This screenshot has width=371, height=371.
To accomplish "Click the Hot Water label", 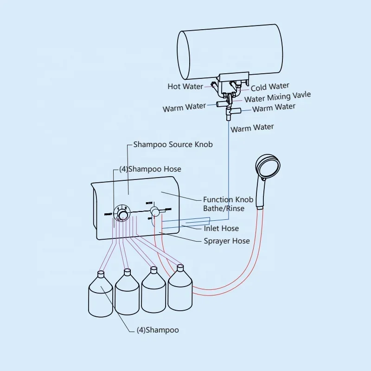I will [x=185, y=86].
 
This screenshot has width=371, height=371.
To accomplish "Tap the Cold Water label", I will [x=270, y=87].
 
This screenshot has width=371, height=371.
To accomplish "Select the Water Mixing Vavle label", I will [x=277, y=97].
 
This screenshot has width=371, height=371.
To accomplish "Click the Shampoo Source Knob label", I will [x=173, y=144].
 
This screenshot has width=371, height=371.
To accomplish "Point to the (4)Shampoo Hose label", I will [x=150, y=169].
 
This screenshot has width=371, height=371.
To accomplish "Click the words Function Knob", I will [x=228, y=199].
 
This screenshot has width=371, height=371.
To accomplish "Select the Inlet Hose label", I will [x=221, y=228].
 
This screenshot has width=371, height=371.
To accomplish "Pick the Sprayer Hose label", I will [x=227, y=241].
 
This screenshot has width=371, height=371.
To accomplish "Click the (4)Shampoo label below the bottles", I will [x=157, y=330].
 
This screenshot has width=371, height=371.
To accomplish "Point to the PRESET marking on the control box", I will [x=108, y=214].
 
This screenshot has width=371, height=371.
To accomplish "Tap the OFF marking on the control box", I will [x=150, y=218].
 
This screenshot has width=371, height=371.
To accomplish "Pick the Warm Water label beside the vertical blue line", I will [x=252, y=128].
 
